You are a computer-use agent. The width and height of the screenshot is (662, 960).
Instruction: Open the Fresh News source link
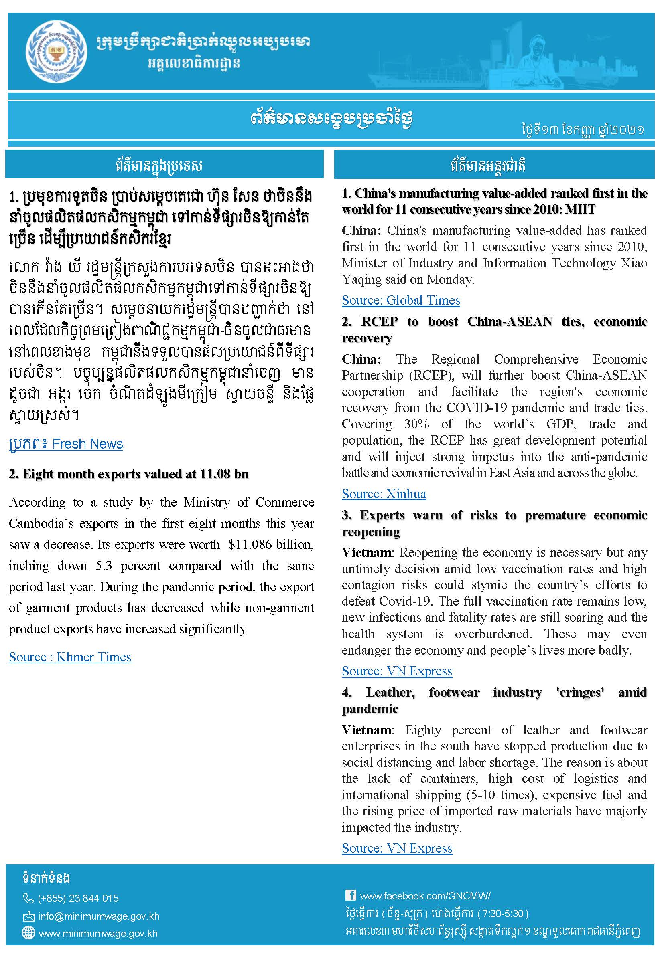pyautogui.click(x=66, y=444)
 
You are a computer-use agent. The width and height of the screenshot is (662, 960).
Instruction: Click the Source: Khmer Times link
pyautogui.click(x=70, y=657)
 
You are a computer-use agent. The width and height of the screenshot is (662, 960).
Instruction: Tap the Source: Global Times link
pyautogui.click(x=401, y=300)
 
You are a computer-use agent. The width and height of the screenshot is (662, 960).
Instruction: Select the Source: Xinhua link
pyautogui.click(x=384, y=494)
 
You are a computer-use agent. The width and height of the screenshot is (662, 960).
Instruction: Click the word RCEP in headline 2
pyautogui.click(x=379, y=322)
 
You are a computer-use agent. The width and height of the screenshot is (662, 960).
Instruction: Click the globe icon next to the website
pyautogui.click(x=28, y=933)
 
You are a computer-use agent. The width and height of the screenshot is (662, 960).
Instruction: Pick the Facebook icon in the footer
pyautogui.click(x=351, y=895)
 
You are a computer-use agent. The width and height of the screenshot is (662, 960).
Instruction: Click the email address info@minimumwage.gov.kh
pyautogui.click(x=99, y=916)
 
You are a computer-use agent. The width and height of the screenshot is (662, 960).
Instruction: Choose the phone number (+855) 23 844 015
pyautogui.click(x=78, y=898)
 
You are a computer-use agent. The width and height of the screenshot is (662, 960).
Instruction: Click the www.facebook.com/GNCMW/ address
pyautogui.click(x=425, y=896)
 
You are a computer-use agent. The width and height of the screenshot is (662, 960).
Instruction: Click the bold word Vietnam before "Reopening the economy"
pyautogui.click(x=367, y=553)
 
